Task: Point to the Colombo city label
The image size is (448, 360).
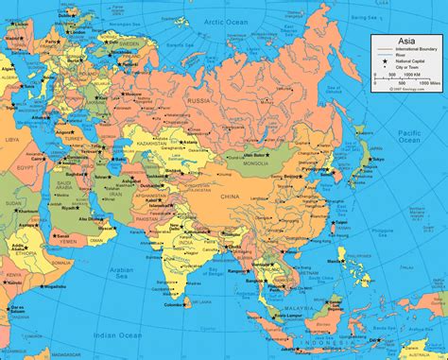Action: point(173,305)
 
